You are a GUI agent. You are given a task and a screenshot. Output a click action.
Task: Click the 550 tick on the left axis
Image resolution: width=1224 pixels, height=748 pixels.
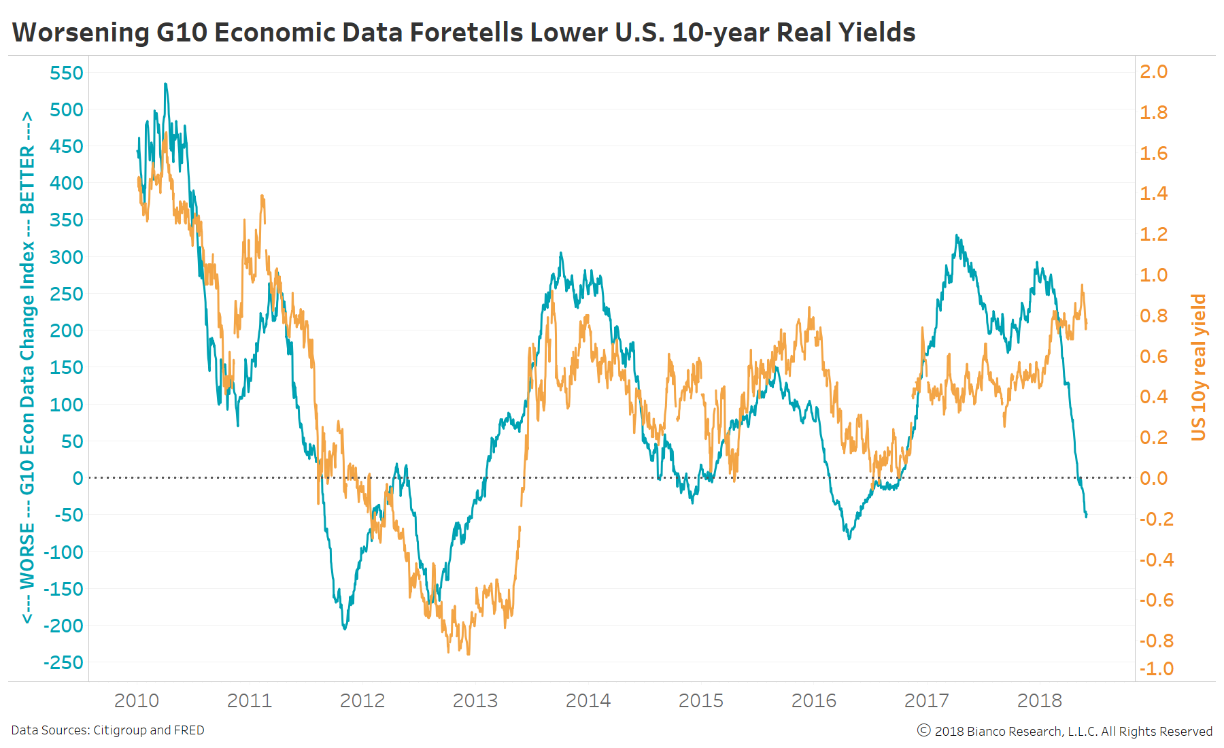(66, 73)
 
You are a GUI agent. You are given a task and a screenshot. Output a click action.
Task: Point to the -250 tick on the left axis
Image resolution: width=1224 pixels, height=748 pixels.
(63, 662)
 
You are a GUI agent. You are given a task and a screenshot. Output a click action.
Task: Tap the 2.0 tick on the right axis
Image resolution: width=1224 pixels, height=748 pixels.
(1153, 71)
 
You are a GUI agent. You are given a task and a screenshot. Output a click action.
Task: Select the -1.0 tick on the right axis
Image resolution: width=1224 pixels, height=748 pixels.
(1157, 668)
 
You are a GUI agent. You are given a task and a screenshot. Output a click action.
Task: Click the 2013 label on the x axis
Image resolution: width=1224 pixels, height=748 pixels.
(475, 700)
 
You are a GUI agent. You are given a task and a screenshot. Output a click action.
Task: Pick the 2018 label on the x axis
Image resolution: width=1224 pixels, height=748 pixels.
(1039, 700)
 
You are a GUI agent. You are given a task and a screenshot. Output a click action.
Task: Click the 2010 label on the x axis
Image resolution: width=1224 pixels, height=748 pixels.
(137, 700)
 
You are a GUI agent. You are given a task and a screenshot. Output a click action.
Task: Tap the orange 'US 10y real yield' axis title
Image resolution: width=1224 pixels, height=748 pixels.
(1198, 367)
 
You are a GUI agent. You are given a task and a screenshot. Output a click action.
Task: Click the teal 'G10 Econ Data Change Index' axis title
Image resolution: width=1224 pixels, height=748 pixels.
(27, 367)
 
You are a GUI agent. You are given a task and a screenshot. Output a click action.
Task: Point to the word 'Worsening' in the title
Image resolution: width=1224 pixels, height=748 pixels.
(81, 33)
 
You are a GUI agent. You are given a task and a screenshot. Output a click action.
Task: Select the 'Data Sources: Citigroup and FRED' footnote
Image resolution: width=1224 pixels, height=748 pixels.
(107, 730)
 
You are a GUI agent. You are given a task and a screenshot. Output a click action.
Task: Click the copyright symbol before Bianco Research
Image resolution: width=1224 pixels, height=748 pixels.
(923, 730)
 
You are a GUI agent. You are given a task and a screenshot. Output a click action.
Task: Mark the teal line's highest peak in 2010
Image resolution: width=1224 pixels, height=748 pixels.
(165, 84)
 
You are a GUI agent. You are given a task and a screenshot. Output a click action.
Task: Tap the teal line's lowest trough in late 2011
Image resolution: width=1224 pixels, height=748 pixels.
(345, 629)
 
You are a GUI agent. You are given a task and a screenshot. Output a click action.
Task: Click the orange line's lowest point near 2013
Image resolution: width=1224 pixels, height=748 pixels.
(469, 654)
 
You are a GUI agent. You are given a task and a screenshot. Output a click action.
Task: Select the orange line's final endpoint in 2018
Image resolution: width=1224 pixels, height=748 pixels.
(1086, 328)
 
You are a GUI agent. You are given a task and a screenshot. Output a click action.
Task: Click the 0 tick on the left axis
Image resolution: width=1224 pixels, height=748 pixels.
(78, 478)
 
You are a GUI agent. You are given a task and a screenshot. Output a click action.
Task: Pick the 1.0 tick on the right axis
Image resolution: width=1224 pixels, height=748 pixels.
(1153, 275)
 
